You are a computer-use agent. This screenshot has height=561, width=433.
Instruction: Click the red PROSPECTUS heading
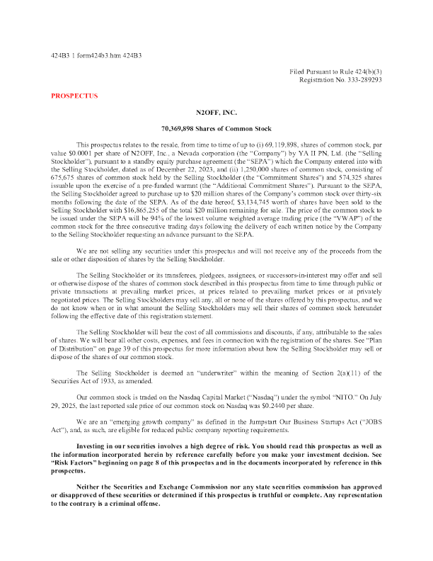click(x=74, y=96)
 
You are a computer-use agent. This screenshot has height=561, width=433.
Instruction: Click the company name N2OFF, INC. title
click(x=216, y=113)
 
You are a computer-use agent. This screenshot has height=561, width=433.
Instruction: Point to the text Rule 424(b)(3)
click(x=363, y=72)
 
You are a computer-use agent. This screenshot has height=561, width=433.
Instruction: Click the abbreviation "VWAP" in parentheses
click(x=345, y=219)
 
